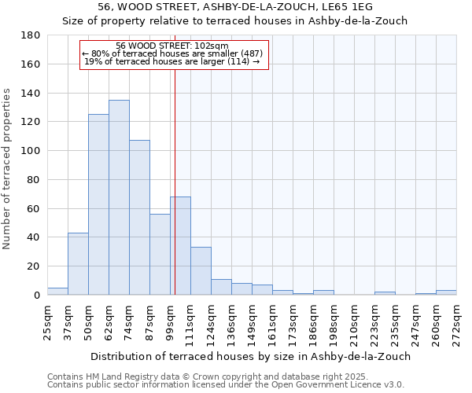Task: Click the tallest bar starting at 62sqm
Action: (119, 197)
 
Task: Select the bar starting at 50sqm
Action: (98, 204)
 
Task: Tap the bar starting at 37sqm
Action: (78, 264)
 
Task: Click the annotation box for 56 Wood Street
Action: (175, 54)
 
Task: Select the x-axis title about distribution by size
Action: (252, 356)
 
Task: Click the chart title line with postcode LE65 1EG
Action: (235, 7)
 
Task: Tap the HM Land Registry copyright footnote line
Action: (225, 376)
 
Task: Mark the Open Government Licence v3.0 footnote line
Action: (225, 385)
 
